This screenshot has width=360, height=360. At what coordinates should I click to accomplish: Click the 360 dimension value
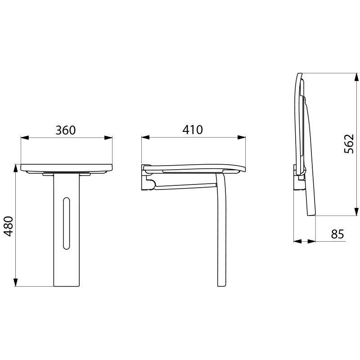point(66,130)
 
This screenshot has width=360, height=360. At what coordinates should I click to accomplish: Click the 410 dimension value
point(193,130)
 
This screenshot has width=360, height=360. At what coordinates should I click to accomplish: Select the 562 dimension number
point(349,144)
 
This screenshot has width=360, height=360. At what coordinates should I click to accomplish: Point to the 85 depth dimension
point(337,234)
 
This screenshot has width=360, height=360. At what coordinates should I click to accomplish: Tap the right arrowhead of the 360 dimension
point(108,138)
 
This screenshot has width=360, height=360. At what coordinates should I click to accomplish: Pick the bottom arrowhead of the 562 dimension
point(355,212)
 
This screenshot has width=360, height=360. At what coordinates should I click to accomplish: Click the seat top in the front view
point(66,166)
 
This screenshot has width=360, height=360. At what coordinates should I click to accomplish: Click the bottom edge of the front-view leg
point(67,286)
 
